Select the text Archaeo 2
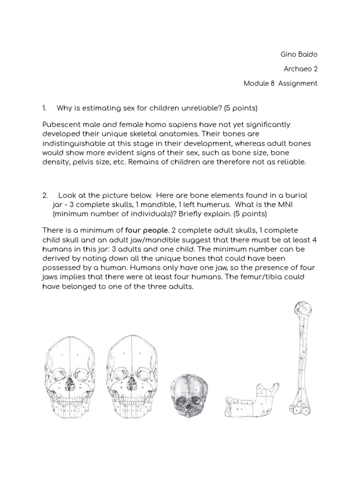click(300, 69)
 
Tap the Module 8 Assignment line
click(280, 83)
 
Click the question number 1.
click(45, 108)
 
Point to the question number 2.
click(45, 195)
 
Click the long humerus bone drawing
click(300, 361)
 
